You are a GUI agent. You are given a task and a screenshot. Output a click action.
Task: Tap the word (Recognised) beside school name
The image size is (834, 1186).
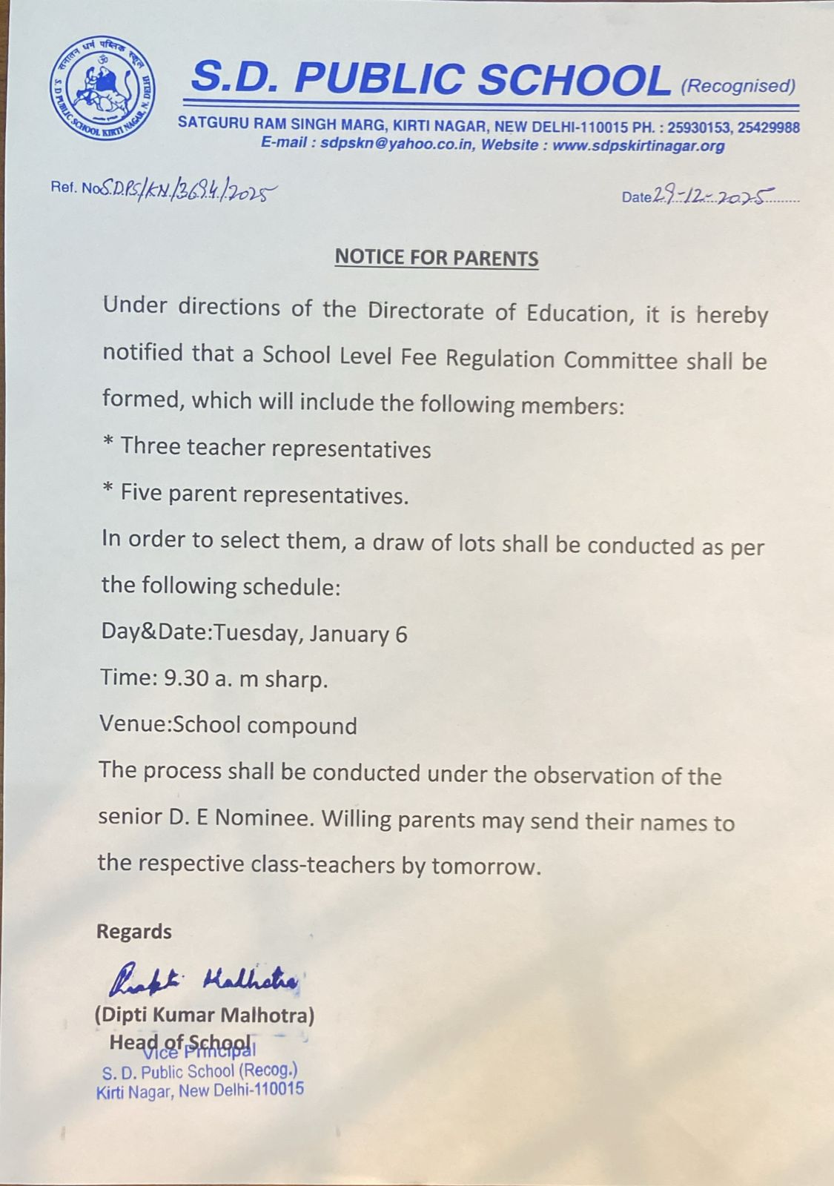pos(738,86)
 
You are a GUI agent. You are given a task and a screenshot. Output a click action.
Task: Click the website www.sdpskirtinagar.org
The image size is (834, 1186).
pos(638,145)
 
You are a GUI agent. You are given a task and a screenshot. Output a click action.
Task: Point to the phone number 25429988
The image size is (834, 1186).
pos(768,127)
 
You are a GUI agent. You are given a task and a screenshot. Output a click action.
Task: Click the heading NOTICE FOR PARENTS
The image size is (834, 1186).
pos(437,257)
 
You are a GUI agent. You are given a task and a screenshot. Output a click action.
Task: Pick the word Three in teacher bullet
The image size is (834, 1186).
pos(150,446)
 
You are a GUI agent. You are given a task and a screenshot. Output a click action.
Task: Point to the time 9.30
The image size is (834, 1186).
pos(186,678)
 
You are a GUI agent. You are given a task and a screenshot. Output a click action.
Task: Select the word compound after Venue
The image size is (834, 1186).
pos(302,725)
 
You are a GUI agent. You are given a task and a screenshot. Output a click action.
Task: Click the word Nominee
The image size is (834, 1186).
pos(262,818)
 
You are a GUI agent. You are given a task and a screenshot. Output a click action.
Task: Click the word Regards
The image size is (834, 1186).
pos(134,932)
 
